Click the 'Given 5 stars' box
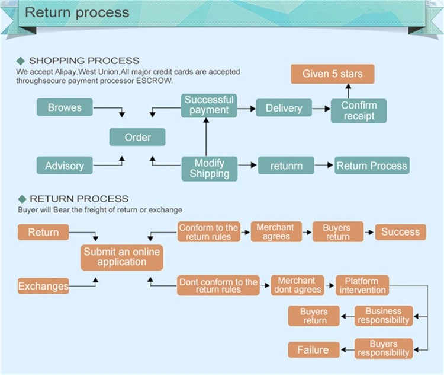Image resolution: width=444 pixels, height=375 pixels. pyautogui.click(x=332, y=74)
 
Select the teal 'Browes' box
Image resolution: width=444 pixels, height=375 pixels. pyautogui.click(x=65, y=107)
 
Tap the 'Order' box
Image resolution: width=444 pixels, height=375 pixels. pyautogui.click(x=137, y=137)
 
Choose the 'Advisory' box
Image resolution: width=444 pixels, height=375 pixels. pyautogui.click(x=65, y=166)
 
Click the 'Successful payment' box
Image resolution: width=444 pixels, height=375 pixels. pyautogui.click(x=208, y=105)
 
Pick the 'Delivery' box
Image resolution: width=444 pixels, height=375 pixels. pyautogui.click(x=284, y=108)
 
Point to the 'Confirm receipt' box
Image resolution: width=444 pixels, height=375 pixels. pyautogui.click(x=359, y=111)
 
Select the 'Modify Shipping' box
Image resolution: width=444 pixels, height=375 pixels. pyautogui.click(x=209, y=169)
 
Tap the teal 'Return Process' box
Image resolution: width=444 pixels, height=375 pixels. pyautogui.click(x=372, y=166)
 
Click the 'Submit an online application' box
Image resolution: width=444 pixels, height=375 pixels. pyautogui.click(x=121, y=257)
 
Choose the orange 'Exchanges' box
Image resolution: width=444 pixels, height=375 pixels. pyautogui.click(x=43, y=286)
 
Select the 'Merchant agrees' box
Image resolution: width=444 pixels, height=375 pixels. pyautogui.click(x=275, y=232)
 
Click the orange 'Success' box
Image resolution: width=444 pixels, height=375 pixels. pyautogui.click(x=400, y=231)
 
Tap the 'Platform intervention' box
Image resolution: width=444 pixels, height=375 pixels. pyautogui.click(x=362, y=285)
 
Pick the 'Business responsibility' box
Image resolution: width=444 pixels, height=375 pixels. pyautogui.click(x=382, y=315)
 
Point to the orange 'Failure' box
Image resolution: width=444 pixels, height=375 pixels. pyautogui.click(x=313, y=349)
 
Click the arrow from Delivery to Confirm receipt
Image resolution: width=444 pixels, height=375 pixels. pyautogui.click(x=321, y=109)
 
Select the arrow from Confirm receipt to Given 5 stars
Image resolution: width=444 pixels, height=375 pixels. pyautogui.click(x=348, y=91)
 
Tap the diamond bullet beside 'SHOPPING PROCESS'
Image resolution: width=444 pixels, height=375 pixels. pyautogui.click(x=21, y=61)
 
